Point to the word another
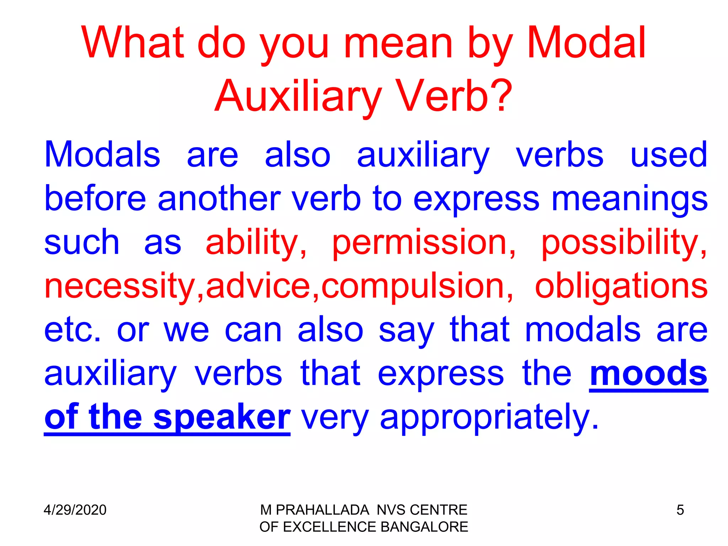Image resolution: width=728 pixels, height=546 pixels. (219, 199)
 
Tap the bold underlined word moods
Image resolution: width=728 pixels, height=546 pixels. (648, 374)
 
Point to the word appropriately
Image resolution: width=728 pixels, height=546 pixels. (489, 418)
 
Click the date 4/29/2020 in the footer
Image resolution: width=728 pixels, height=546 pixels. (75, 510)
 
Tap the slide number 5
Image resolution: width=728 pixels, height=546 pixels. (680, 510)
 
